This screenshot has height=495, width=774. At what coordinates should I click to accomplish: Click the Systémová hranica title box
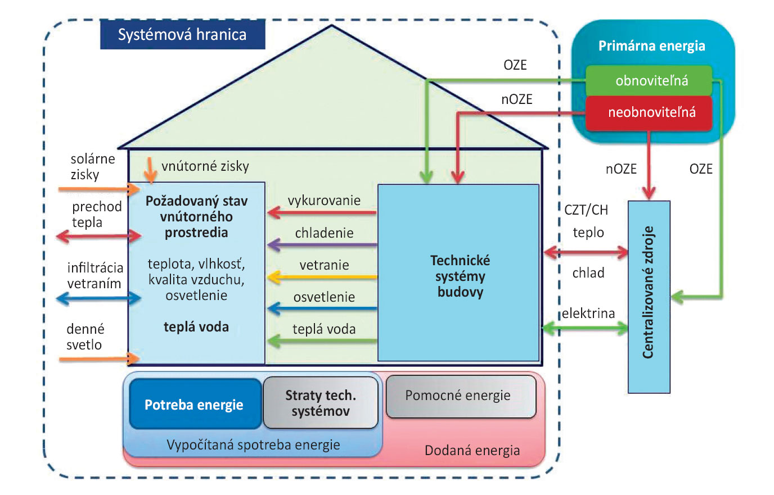click(182, 35)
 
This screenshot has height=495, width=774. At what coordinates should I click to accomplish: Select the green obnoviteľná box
click(651, 81)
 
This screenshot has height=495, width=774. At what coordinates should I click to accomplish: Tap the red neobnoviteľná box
click(651, 112)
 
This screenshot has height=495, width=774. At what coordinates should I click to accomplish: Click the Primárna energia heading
click(651, 46)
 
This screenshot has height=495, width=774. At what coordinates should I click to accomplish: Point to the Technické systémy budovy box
click(459, 275)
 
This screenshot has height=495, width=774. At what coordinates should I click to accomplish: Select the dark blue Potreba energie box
click(195, 405)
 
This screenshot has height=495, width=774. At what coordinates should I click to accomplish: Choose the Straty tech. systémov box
click(320, 403)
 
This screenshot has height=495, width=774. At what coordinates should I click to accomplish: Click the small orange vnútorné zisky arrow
click(150, 170)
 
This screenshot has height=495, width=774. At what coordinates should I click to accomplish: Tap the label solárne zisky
click(92, 166)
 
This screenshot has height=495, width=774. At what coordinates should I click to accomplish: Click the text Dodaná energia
click(471, 451)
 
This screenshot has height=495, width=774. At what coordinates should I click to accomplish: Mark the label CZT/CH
click(586, 210)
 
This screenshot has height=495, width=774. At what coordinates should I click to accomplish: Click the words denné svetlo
click(85, 337)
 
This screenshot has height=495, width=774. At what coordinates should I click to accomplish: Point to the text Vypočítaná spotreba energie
click(253, 445)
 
